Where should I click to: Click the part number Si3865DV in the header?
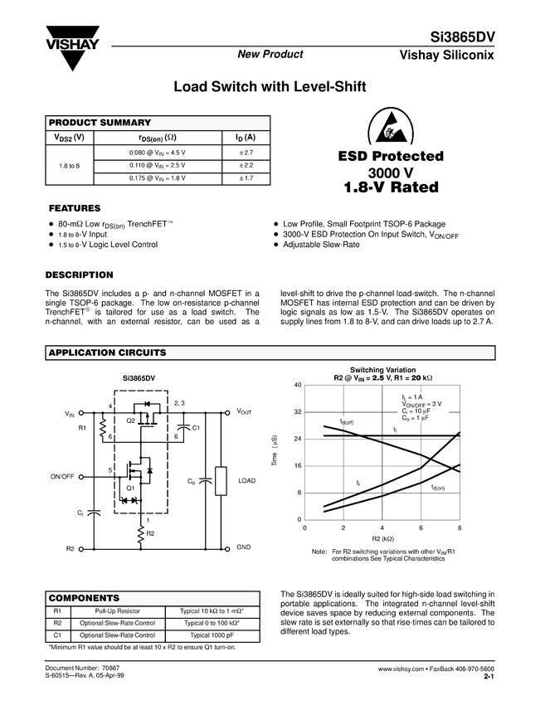pyautogui.click(x=462, y=38)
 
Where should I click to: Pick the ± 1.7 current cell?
pyautogui.click(x=246, y=177)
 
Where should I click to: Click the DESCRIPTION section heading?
pyautogui.click(x=80, y=275)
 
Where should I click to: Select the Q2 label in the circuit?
pyautogui.click(x=130, y=421)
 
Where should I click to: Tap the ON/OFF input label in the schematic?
pyautogui.click(x=62, y=477)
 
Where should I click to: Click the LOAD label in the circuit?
pyautogui.click(x=247, y=480)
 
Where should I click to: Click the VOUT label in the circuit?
pyautogui.click(x=246, y=411)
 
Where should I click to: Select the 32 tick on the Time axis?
pyautogui.click(x=297, y=412)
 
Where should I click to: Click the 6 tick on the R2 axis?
pyautogui.click(x=421, y=528)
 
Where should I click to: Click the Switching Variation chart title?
pyautogui.click(x=382, y=370)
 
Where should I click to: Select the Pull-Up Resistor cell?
pyautogui.click(x=117, y=610)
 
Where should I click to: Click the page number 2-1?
pyautogui.click(x=489, y=677)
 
